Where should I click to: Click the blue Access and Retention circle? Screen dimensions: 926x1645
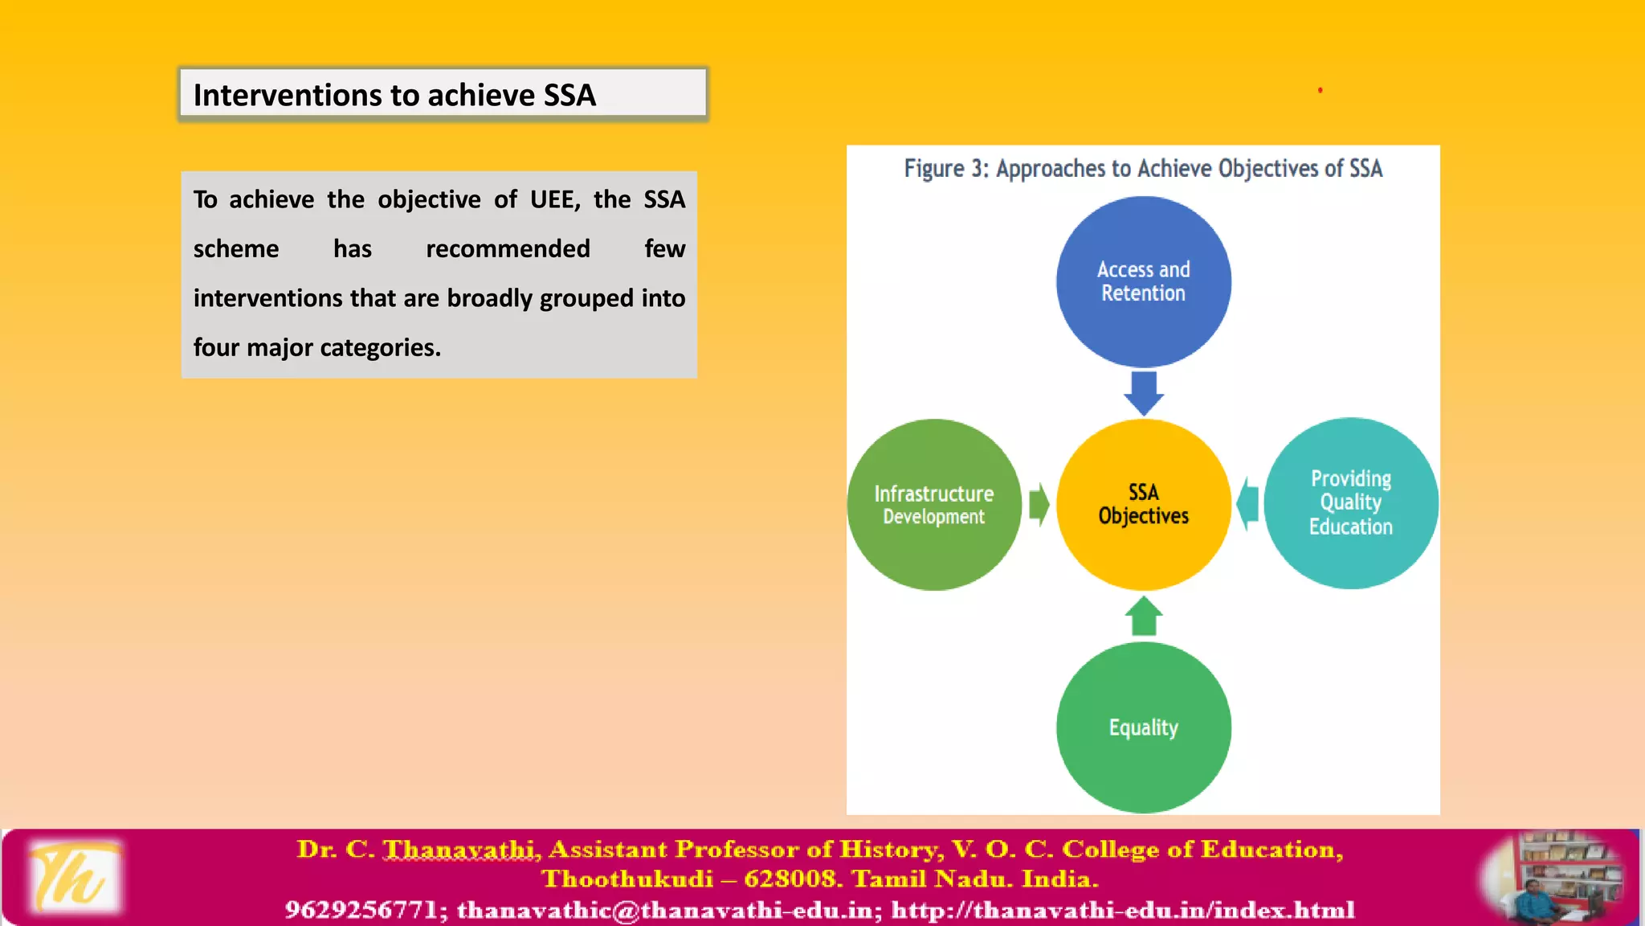1143,281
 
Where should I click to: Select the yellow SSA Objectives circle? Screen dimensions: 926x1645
1143,504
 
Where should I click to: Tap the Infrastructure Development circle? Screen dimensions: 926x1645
934,504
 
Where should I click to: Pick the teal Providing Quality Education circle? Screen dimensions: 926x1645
1351,503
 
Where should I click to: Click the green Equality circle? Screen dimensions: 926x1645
1143,727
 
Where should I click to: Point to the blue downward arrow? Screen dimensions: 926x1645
1144,392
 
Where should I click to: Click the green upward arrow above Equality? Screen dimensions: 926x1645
1144,616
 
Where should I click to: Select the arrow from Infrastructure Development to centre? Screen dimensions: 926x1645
1039,505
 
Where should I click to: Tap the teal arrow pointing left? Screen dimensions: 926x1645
1247,504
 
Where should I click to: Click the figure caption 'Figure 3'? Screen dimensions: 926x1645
945,169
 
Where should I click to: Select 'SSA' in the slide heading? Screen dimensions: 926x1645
569,96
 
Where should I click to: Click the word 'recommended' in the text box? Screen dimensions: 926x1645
508,249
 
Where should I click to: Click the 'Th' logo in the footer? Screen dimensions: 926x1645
74,878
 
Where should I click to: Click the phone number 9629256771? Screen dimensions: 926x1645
361,910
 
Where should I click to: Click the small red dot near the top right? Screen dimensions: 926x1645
1320,90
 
